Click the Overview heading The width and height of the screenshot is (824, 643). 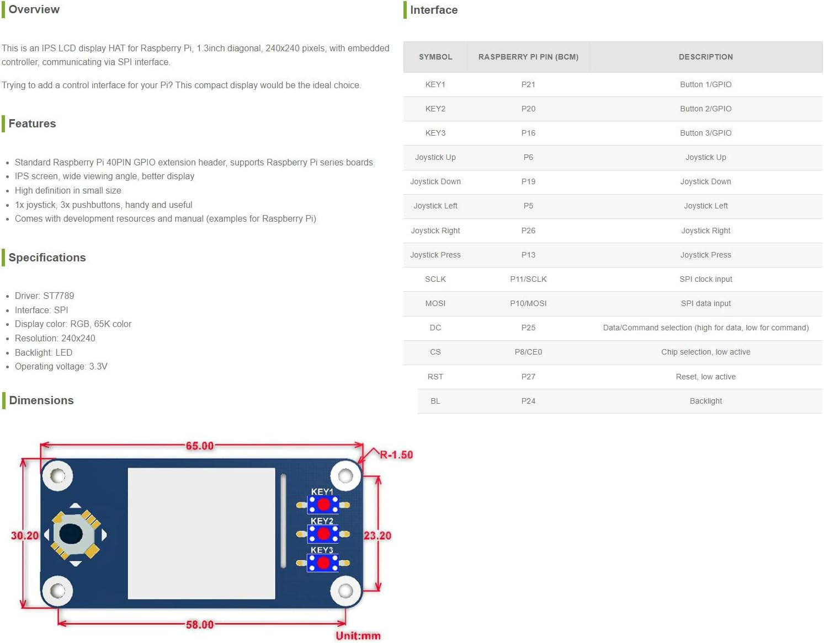coord(34,9)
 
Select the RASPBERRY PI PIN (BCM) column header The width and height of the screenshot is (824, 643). coord(528,57)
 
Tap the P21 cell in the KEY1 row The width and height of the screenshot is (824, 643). coord(528,84)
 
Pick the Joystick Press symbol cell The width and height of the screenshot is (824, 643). coord(435,255)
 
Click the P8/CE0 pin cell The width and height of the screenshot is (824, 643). coord(528,352)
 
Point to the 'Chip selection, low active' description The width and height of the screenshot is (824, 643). coord(705,352)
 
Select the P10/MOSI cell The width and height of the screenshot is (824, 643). coord(528,303)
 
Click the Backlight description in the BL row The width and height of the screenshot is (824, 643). coord(705,401)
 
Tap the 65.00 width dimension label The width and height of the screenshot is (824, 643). coord(199,446)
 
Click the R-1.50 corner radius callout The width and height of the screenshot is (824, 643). coord(396,455)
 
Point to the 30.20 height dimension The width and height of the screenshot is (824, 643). coord(25,535)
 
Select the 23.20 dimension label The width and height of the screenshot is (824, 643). coord(378,535)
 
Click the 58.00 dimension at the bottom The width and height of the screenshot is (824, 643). coord(199,625)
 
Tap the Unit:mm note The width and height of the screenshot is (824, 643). coord(358,636)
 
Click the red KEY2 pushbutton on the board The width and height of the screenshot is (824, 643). coord(323,533)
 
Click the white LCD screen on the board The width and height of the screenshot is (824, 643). coord(201,533)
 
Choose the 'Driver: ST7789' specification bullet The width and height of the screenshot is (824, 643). coord(44,296)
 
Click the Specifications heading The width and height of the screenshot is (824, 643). coord(47,258)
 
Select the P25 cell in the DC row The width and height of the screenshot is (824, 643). coord(528,328)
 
